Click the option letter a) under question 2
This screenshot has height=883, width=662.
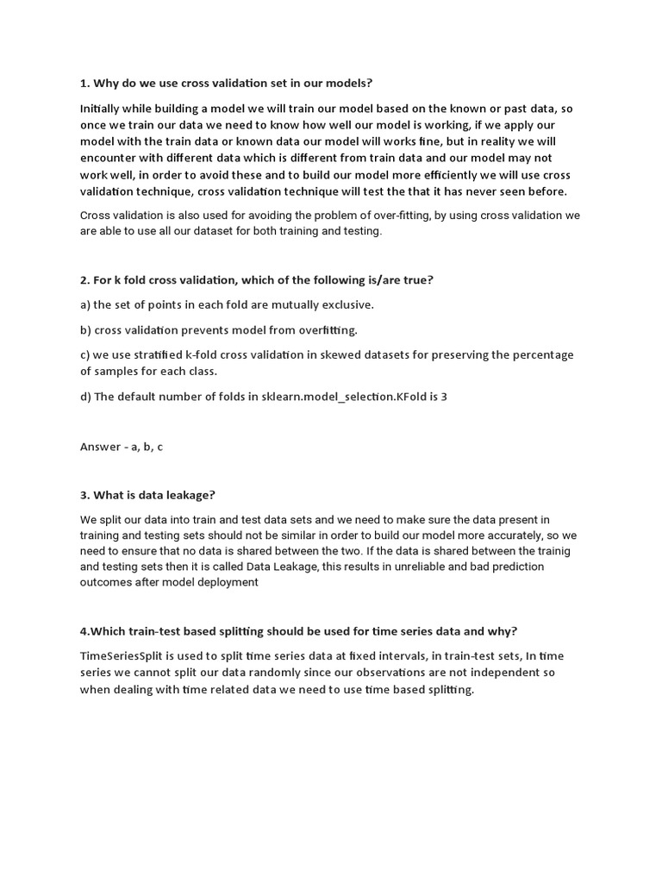[x=85, y=304]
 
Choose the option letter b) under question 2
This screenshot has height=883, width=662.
[x=86, y=329]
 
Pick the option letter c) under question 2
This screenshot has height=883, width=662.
[x=85, y=355]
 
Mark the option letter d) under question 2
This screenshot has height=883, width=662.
[x=86, y=397]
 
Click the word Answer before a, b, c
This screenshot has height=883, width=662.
[x=100, y=447]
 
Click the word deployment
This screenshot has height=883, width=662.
[x=227, y=582]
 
